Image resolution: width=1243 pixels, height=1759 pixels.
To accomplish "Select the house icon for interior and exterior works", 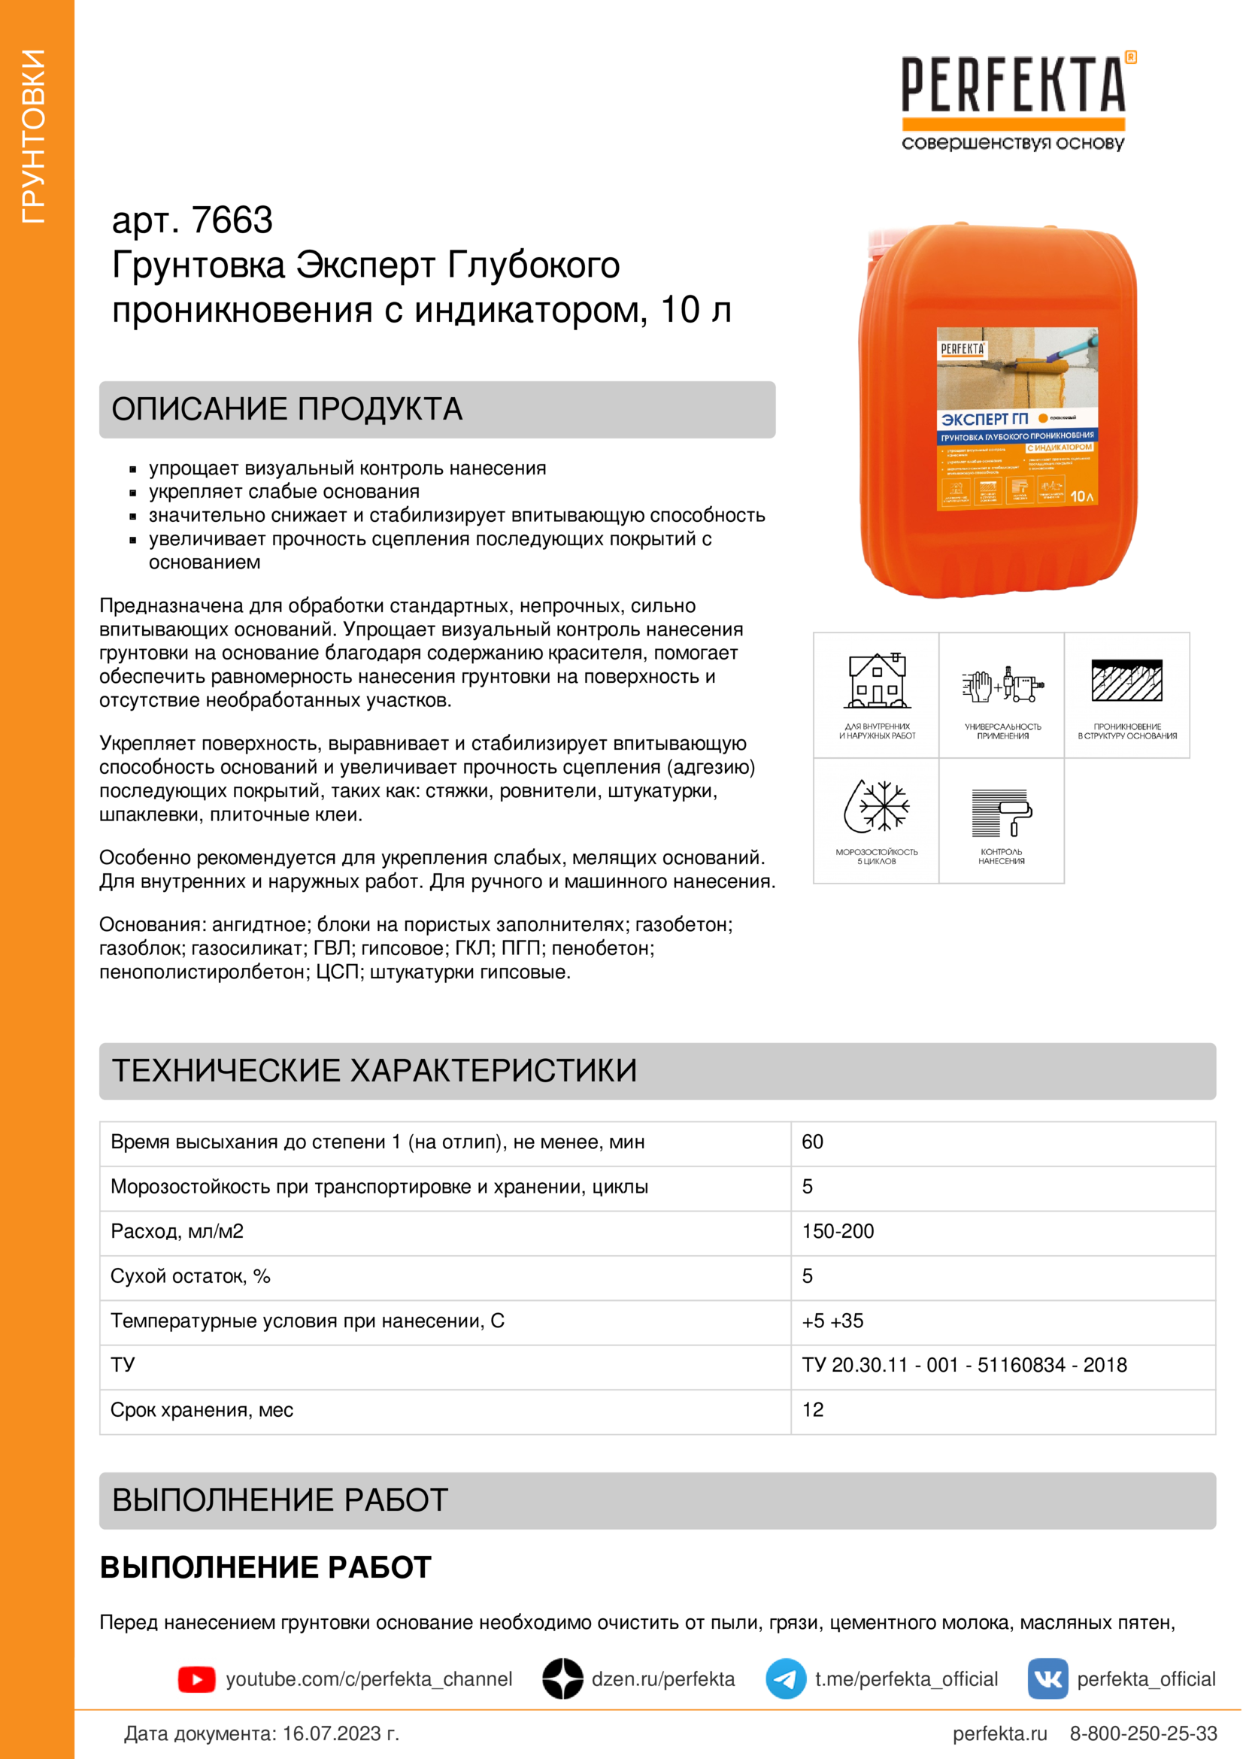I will (877, 681).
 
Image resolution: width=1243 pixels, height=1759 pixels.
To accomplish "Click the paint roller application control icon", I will (1002, 813).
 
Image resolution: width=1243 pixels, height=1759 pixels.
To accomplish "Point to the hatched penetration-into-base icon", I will (1126, 681).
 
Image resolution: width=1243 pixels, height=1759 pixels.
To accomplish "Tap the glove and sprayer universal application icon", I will (1002, 684).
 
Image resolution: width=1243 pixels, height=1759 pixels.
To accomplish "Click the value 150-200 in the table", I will (838, 1231).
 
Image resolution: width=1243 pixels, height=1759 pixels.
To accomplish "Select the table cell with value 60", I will (813, 1142).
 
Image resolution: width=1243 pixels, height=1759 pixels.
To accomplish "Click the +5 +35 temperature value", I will (832, 1321).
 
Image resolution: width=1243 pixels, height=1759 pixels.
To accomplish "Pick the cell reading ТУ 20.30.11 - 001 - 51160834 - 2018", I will (964, 1365).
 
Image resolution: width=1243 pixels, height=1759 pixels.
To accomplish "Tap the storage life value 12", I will (813, 1409).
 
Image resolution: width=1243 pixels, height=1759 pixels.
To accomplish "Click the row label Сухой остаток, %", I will (191, 1275).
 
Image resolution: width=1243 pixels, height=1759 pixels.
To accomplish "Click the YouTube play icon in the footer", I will (197, 1679).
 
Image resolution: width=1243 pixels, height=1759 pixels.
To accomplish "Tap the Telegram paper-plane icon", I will (786, 1679).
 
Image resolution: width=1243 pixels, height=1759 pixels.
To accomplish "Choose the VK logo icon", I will (1047, 1679).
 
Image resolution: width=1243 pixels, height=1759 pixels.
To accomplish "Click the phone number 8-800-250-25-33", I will (1143, 1733).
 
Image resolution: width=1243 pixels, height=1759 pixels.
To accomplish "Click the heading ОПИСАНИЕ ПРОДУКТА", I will (287, 409).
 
